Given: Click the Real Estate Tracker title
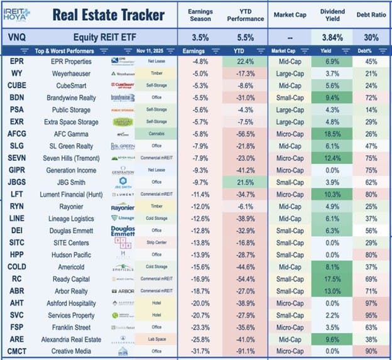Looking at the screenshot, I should pos(107,14).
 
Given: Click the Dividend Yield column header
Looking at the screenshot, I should pos(332,14).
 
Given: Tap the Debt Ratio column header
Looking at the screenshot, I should pos(371,14).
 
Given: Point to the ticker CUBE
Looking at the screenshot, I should pos(17,85).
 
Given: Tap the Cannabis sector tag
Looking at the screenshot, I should pos(153,133).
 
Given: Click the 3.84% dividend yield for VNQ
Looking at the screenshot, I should pos(332,37).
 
